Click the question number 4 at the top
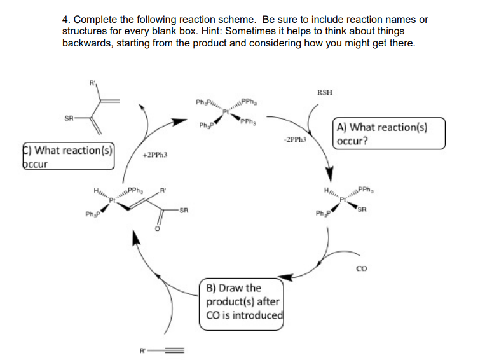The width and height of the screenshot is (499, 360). tap(65, 20)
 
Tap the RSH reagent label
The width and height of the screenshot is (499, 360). tap(324, 92)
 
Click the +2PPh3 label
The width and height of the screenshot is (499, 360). tap(154, 155)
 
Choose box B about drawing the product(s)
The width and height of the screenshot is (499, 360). tap(242, 301)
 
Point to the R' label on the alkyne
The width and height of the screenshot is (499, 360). tap(142, 349)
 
